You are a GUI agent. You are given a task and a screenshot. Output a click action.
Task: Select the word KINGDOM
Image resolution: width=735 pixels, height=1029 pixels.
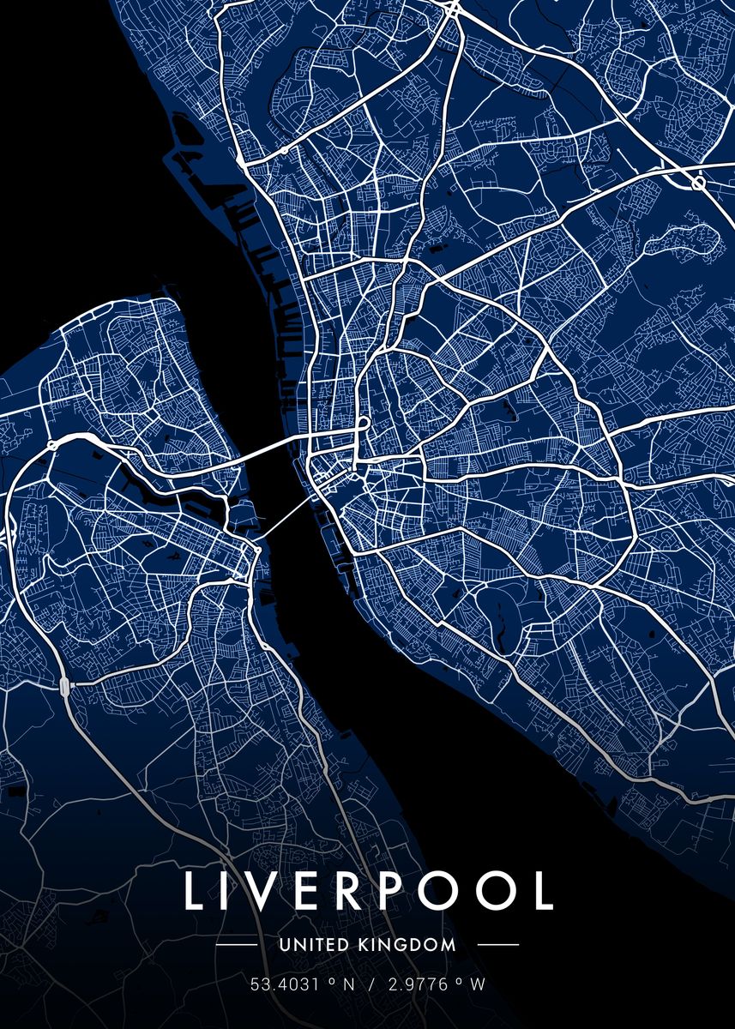tap(407, 945)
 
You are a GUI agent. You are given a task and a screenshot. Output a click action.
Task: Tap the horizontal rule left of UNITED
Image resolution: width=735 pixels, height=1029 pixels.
tap(236, 945)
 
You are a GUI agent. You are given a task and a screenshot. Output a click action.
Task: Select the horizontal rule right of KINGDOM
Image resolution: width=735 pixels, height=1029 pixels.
tap(497, 945)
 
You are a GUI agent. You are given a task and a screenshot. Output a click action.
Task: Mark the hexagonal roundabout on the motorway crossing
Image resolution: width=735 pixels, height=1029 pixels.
tap(698, 183)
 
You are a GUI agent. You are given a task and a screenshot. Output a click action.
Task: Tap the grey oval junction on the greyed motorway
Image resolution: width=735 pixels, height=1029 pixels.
tap(65, 685)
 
